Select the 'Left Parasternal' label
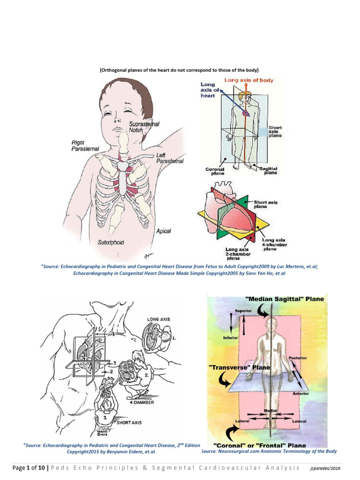169,157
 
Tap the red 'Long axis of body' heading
248,80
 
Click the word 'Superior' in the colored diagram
243,311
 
